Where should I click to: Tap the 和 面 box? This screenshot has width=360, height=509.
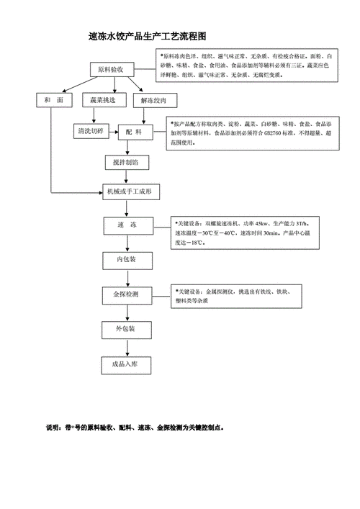(x=50, y=101)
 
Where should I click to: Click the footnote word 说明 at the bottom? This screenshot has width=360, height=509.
(x=53, y=427)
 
